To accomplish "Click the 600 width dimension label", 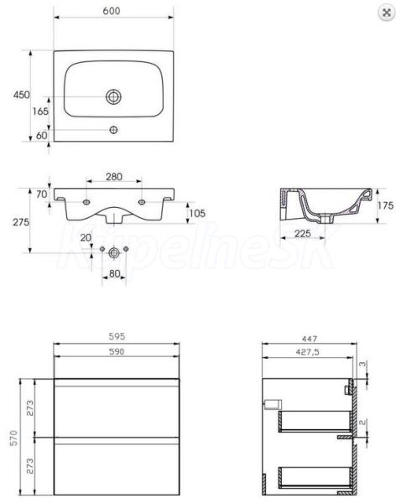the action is tap(112, 11).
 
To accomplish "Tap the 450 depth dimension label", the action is tap(22, 95).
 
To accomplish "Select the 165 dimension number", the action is tap(40, 111).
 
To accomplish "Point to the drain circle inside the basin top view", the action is tap(114, 96).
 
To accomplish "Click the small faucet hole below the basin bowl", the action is tap(114, 130).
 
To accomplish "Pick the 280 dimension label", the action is tap(114, 176).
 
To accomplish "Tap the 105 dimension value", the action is tap(197, 213).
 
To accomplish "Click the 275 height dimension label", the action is tap(21, 222).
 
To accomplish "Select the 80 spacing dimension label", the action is tap(114, 273).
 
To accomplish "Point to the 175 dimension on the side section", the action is tap(385, 205).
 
